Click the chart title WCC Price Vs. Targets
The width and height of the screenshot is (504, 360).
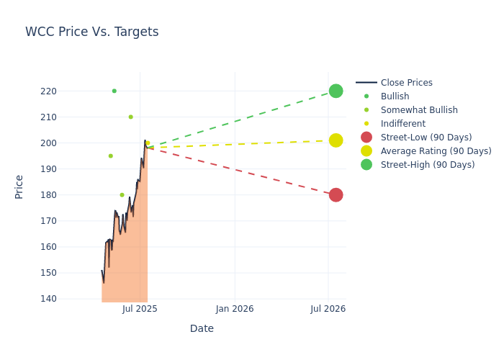(x=91, y=32)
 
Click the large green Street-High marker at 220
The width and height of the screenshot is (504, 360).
(x=336, y=91)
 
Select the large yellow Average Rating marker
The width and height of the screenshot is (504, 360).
(x=336, y=140)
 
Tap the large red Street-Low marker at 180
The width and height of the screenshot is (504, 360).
(x=336, y=195)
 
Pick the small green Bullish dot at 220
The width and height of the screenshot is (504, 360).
(x=114, y=91)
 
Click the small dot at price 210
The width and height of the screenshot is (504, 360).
(x=130, y=117)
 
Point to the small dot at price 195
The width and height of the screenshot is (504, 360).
(x=110, y=156)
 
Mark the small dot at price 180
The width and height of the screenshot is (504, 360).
(x=122, y=195)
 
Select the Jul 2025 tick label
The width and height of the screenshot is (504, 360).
(x=140, y=309)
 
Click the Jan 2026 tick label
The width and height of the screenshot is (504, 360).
(x=235, y=309)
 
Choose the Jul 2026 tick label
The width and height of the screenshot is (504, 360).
(x=328, y=309)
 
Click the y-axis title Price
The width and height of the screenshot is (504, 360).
(x=19, y=186)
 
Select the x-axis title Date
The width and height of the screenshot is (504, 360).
(x=202, y=328)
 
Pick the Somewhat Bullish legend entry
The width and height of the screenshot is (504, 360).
(x=419, y=110)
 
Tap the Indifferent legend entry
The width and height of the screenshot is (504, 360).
(x=402, y=124)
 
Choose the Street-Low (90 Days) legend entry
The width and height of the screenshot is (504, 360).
(x=426, y=138)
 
